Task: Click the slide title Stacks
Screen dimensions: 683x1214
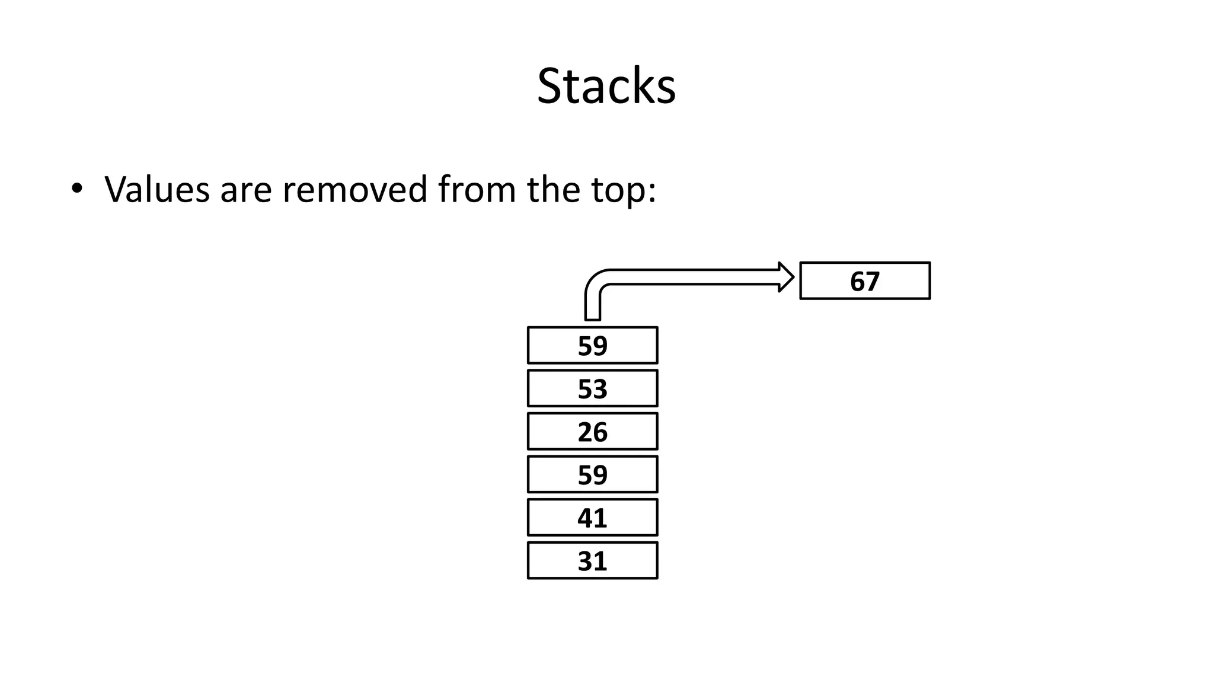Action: pyautogui.click(x=606, y=87)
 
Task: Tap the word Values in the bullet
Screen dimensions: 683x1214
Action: pyautogui.click(x=157, y=190)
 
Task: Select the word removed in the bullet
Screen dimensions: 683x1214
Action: pyautogui.click(x=354, y=190)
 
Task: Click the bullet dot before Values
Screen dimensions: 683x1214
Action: pyautogui.click(x=76, y=189)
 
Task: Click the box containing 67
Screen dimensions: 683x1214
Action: pyautogui.click(x=864, y=281)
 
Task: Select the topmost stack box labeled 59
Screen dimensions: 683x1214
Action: pyautogui.click(x=592, y=346)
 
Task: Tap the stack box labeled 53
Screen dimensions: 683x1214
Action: pyautogui.click(x=592, y=389)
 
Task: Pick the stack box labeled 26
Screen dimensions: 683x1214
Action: pyautogui.click(x=592, y=432)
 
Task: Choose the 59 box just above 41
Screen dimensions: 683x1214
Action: pyautogui.click(x=592, y=475)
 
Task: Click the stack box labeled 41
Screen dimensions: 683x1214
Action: pyautogui.click(x=592, y=518)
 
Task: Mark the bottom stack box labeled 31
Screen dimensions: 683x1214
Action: pyautogui.click(x=592, y=561)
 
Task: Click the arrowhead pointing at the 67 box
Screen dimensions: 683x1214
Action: pyautogui.click(x=786, y=277)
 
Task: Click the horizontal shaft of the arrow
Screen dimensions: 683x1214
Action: pyautogui.click(x=694, y=277)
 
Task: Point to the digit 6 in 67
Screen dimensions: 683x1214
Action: pyautogui.click(x=857, y=281)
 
